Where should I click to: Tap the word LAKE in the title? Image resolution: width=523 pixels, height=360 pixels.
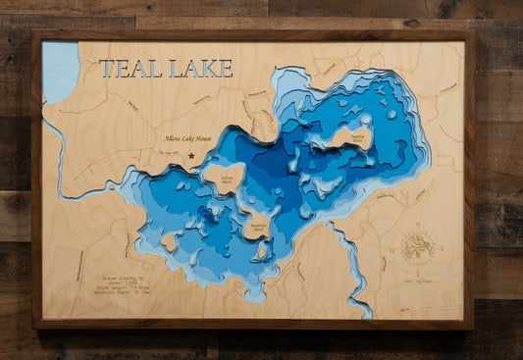click(x=201, y=69)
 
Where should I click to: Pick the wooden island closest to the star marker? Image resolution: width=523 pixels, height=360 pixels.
click(x=224, y=178)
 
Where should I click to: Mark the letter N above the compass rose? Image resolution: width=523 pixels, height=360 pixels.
click(x=418, y=227)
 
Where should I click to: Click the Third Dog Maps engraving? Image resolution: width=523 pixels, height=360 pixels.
click(x=419, y=278)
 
